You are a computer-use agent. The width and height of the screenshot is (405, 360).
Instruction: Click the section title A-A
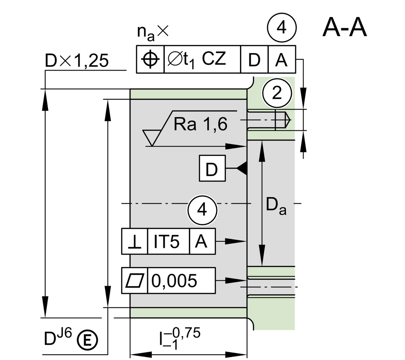[x=344, y=27]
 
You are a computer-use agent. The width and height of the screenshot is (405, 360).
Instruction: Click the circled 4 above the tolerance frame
[x=281, y=28]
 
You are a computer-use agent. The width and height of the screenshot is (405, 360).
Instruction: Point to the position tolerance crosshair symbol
[x=150, y=59]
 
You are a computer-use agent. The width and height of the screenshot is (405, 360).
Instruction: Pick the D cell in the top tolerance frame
[x=254, y=60]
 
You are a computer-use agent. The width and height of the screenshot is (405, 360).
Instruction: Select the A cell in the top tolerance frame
[x=281, y=60]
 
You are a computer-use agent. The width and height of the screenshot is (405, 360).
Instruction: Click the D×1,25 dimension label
[x=77, y=61]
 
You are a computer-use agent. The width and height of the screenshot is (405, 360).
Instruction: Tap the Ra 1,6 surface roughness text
[x=200, y=125]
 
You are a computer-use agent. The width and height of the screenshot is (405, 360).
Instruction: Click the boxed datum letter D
[x=212, y=169]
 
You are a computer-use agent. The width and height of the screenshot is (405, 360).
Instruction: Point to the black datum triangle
[x=242, y=168]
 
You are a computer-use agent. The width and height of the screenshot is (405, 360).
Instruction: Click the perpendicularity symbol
[x=134, y=242]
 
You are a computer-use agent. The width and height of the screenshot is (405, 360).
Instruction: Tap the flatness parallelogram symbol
[x=135, y=281]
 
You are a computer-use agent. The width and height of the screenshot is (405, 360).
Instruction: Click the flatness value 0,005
[x=174, y=281]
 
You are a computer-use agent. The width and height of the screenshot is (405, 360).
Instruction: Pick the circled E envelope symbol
[x=87, y=340]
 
